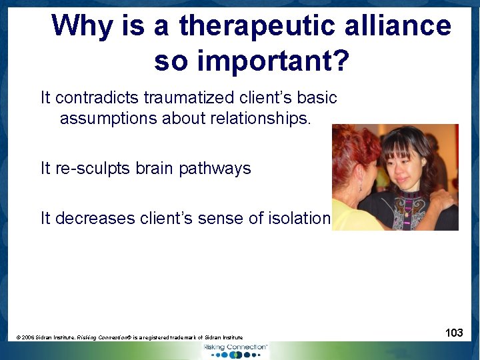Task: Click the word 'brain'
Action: (154, 168)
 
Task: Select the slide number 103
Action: (454, 333)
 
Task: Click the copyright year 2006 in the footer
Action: (27, 338)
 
